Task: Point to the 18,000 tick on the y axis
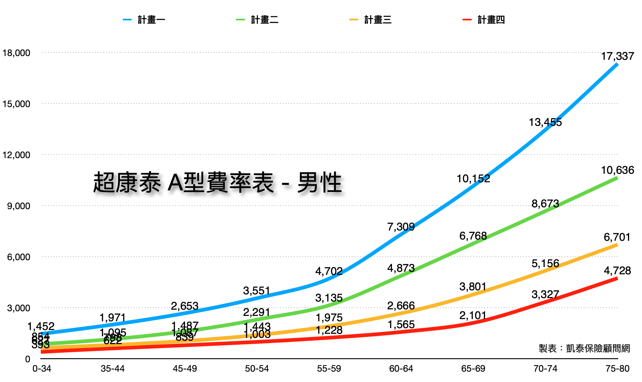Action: point(17,53)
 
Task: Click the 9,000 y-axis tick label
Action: point(19,206)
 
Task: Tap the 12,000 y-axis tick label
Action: point(17,155)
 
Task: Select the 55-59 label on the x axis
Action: point(329,369)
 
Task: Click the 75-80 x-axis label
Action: point(617,369)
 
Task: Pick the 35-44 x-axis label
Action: point(113,369)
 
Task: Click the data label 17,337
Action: point(617,56)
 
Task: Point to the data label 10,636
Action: point(617,170)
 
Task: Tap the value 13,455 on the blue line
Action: point(545,122)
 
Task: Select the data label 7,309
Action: point(401,227)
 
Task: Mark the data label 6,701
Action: point(617,237)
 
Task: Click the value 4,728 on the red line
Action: point(617,271)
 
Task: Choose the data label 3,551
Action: point(257,291)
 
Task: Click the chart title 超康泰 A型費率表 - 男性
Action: point(218,183)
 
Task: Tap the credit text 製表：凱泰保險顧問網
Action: point(584,348)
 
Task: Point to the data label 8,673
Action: point(545,204)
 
